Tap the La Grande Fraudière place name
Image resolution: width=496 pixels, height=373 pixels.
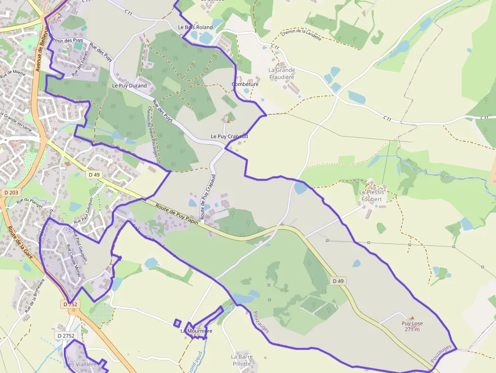click(281, 73)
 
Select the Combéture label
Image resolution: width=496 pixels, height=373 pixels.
click(245, 85)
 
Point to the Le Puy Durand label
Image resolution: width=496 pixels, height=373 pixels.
click(129, 86)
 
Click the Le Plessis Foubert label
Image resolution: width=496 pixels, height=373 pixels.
click(371, 196)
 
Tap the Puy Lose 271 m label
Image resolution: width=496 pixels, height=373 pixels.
click(412, 326)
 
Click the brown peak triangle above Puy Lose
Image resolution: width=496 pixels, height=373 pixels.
click(412, 318)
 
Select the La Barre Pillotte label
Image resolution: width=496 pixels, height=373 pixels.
click(241, 360)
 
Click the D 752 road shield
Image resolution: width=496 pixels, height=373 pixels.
click(70, 304)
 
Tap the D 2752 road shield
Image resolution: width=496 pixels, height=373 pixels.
click(66, 336)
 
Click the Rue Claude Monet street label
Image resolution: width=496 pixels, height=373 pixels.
click(74, 261)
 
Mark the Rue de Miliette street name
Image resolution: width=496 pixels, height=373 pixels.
click(13, 74)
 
